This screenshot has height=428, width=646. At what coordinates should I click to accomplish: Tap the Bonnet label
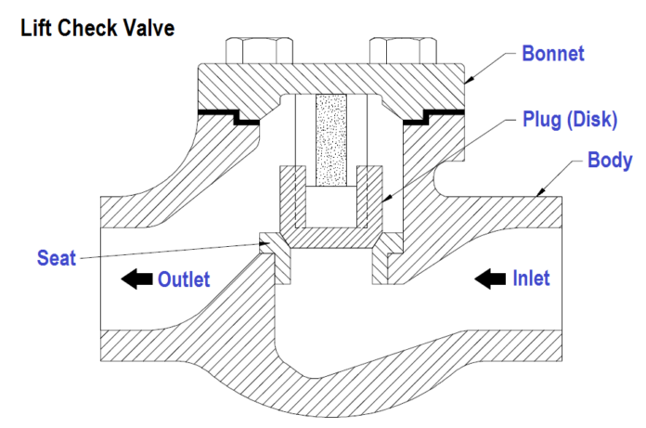tap(553, 53)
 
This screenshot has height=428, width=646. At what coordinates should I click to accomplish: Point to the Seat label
tap(58, 256)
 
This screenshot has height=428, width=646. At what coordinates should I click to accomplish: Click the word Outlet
tap(184, 279)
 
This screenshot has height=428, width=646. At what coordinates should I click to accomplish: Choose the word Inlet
tap(531, 278)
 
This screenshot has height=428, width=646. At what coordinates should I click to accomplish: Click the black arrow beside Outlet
tap(136, 279)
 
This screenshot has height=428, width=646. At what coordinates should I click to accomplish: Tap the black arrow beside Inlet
tap(488, 278)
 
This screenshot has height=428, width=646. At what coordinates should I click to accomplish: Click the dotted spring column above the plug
tap(329, 140)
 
